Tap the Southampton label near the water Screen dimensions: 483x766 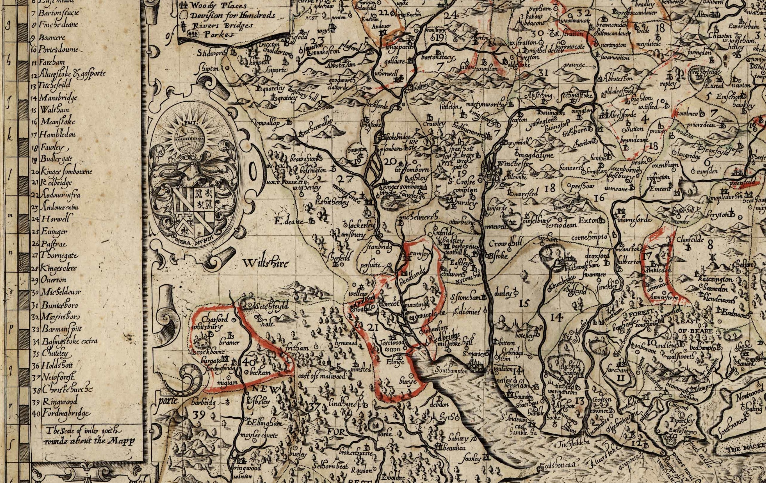click(x=451, y=371)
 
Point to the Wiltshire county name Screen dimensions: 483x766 click(x=266, y=263)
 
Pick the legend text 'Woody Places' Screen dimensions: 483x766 click(x=218, y=6)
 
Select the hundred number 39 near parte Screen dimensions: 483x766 click(x=198, y=415)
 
